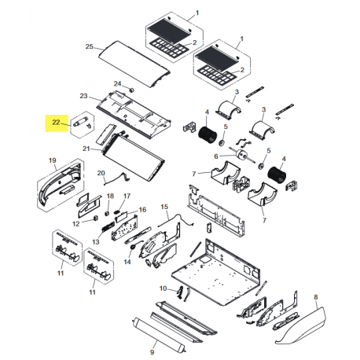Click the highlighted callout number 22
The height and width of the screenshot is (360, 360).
(x=57, y=123)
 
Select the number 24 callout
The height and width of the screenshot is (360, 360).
(x=117, y=83)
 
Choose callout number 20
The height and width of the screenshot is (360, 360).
(x=101, y=173)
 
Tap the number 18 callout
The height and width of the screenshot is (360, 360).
(x=110, y=195)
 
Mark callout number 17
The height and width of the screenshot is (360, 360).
(x=127, y=195)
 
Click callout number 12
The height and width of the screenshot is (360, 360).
(x=76, y=223)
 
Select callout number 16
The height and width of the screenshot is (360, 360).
(x=142, y=211)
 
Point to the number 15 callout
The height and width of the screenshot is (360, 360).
(x=164, y=206)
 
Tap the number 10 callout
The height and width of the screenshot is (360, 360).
(x=163, y=288)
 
